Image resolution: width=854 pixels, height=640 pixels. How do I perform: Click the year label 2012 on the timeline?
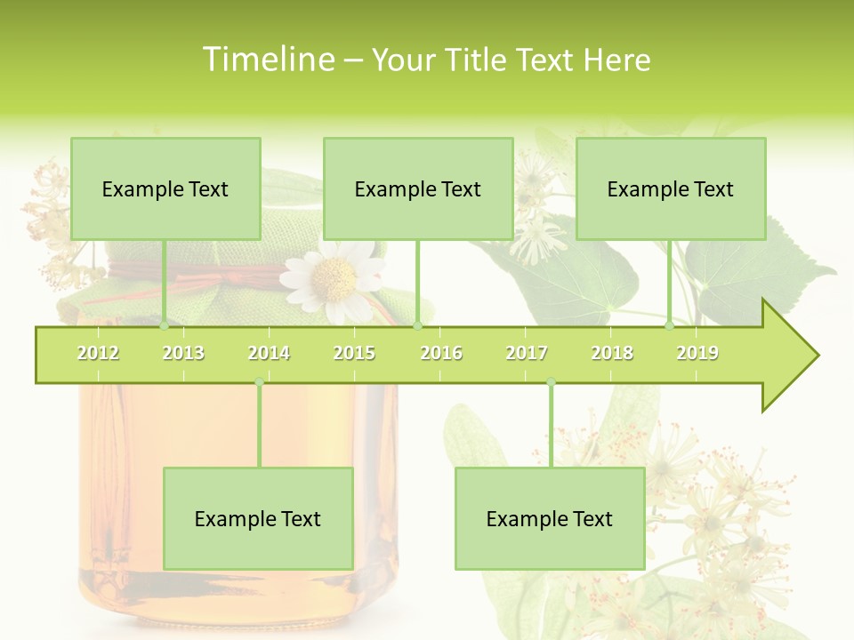coord(98,353)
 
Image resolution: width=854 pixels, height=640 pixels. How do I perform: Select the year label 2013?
coord(183,353)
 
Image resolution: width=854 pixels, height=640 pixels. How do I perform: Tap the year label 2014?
coord(269,353)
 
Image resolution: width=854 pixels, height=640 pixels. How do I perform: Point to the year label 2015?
coord(354,353)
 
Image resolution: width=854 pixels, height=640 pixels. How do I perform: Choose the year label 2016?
coord(441,353)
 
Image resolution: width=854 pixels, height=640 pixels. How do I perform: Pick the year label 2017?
coord(527,353)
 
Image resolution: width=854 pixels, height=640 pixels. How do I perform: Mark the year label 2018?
coord(612,353)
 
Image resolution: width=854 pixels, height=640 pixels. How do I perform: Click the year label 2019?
coord(697,353)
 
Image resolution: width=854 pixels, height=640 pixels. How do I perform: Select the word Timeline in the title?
coord(266,60)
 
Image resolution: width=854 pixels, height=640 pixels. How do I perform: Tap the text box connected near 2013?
coord(165,188)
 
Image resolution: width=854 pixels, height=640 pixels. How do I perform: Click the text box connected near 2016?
coord(418,188)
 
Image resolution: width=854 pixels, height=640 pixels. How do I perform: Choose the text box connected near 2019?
coord(671,188)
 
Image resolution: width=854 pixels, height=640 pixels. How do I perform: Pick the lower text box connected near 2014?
coord(258,518)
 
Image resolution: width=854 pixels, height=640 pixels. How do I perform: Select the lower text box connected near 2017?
coord(550,518)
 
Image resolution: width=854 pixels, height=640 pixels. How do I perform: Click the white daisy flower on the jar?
coord(334,280)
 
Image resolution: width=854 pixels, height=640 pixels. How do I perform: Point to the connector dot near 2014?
coord(259,382)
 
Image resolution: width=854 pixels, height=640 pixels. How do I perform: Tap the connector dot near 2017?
coord(551,382)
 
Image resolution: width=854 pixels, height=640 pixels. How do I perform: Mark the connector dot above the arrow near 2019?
coord(670,325)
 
